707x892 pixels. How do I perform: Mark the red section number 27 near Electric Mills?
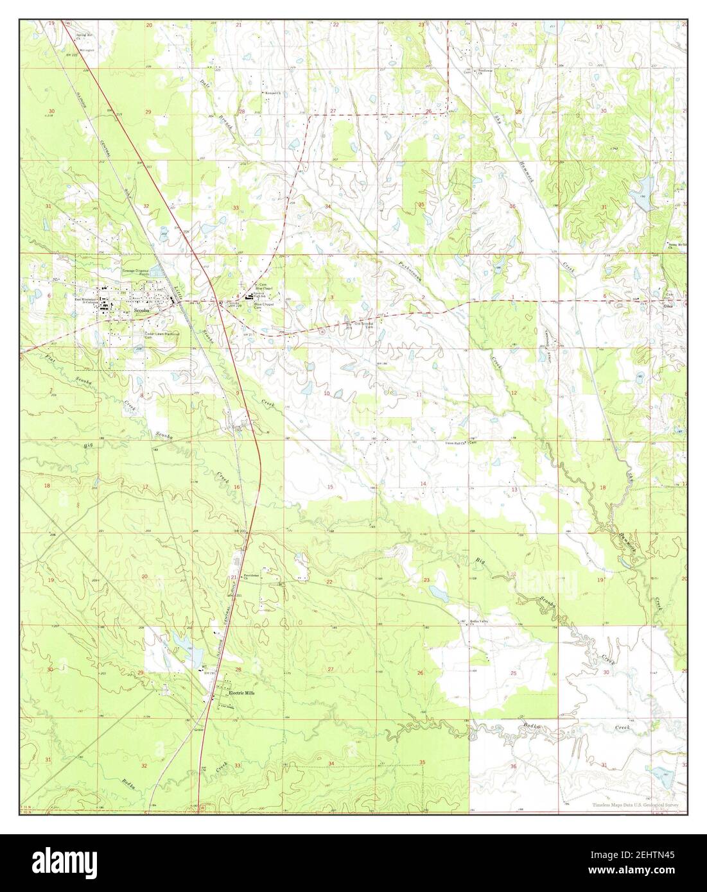331,669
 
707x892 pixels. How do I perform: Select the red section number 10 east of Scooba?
327,393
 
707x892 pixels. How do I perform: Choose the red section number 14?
423,483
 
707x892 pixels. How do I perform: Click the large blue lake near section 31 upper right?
640,200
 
